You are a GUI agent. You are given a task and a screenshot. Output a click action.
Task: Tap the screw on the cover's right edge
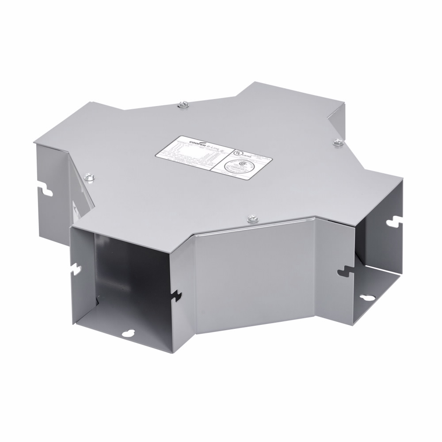coord(337,142)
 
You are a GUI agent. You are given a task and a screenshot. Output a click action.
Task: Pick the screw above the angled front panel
coord(251,217)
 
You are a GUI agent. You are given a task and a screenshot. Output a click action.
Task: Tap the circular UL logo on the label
coord(239,151)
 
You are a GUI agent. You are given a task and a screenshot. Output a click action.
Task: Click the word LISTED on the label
coord(246,155)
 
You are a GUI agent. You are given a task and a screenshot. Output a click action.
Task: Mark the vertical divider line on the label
coord(220,163)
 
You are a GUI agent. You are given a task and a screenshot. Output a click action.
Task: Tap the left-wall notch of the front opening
coord(77,268)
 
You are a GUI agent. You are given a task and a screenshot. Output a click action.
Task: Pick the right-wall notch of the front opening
coord(178,294)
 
